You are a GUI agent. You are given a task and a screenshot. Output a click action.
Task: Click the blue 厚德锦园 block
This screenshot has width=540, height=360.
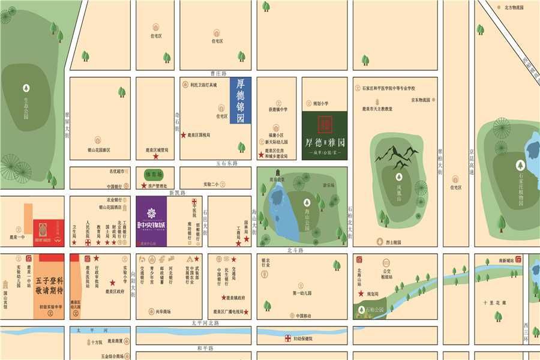tap(241, 101)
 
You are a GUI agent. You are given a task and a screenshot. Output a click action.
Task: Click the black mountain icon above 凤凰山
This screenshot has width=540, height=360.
tap(397, 155)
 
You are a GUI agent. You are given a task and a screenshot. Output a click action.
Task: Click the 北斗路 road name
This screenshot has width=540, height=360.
tap(295, 249)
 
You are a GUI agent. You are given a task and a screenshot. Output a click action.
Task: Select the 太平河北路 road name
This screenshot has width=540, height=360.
tap(205, 323)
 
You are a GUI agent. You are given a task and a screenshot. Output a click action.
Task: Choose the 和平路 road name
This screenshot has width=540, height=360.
tap(205, 348)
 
